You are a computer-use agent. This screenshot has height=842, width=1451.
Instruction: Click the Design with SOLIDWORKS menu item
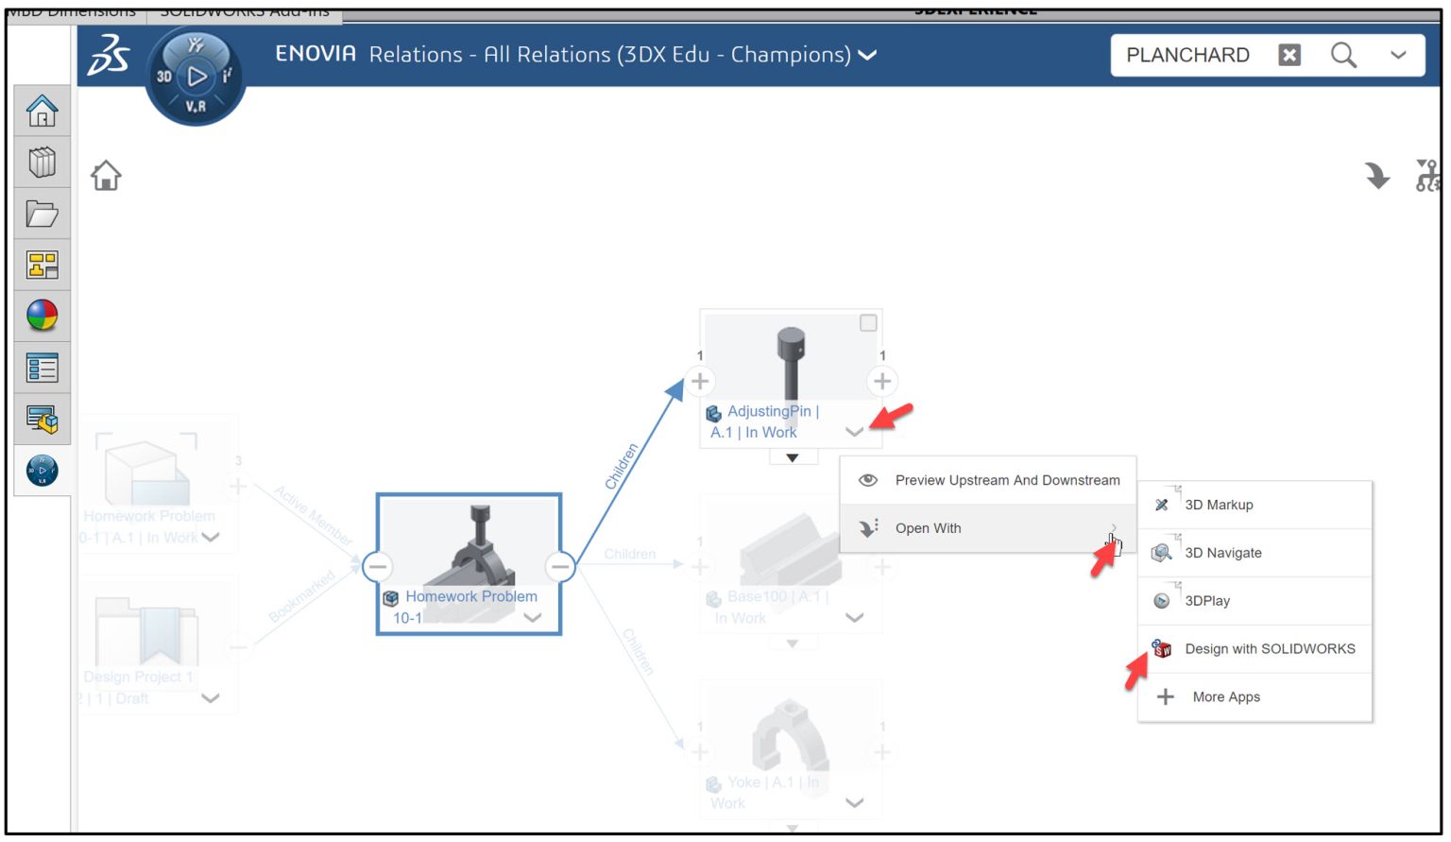click(1269, 649)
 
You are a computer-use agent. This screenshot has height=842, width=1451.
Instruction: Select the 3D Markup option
click(1219, 505)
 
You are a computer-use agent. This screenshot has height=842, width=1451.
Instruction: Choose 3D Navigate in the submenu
click(1222, 553)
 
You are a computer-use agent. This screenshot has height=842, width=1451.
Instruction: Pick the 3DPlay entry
click(1207, 601)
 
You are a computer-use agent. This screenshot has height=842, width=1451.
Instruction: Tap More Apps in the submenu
click(1225, 697)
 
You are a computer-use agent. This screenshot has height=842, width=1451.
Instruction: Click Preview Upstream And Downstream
click(1007, 480)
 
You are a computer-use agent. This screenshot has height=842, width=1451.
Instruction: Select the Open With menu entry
click(928, 528)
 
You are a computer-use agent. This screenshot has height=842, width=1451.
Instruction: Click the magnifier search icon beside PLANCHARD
click(1343, 55)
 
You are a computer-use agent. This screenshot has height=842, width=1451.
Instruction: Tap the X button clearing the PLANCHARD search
click(1289, 55)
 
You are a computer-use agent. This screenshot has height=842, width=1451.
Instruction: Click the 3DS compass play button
click(196, 77)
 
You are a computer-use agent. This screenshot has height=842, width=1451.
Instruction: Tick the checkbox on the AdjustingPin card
click(868, 323)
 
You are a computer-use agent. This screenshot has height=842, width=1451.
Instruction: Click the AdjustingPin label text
click(769, 412)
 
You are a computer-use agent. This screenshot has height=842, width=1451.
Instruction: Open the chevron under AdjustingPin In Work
click(854, 432)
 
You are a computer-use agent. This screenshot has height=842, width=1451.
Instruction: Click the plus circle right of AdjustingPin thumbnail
click(882, 381)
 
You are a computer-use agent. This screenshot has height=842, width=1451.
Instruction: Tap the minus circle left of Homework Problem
click(378, 566)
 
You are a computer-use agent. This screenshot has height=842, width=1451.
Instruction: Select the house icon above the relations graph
click(106, 176)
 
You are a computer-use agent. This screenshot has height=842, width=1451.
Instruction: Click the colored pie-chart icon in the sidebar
click(43, 316)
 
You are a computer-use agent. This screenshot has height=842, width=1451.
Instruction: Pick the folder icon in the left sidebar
click(43, 215)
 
